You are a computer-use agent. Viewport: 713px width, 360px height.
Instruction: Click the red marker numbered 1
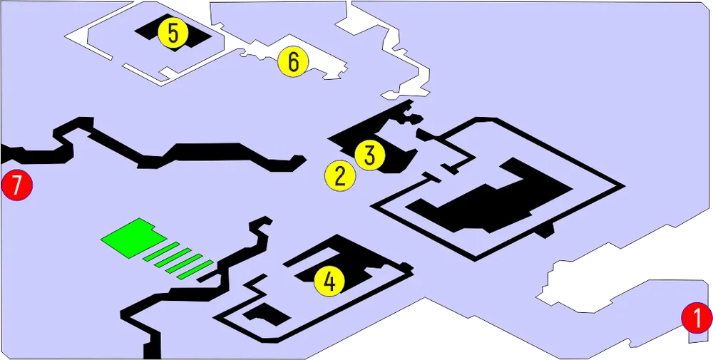697,318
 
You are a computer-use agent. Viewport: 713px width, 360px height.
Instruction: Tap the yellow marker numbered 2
340,176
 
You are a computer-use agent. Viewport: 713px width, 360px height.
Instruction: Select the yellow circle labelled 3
370,155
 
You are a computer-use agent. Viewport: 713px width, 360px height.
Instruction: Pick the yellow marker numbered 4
329,282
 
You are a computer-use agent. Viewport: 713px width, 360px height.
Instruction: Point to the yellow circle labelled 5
173,34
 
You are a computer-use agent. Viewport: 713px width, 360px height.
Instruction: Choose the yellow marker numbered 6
294,61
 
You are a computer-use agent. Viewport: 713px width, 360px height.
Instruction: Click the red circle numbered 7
17,185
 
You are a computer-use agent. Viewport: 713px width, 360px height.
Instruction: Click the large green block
133,237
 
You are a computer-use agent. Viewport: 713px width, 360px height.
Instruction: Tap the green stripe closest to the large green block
161,252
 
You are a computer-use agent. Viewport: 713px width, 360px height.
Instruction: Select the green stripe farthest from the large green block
195,269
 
